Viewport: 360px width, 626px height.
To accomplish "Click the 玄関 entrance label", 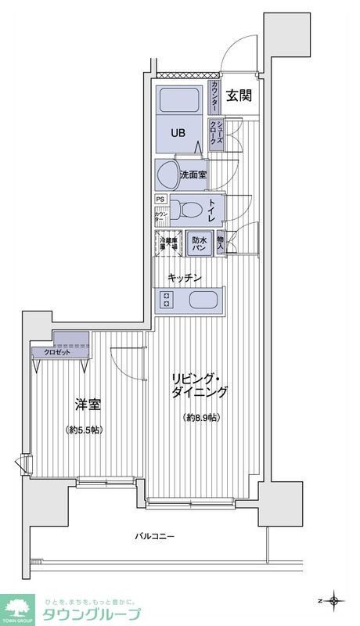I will tap(239, 96).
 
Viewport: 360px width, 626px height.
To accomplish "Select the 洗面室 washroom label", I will tap(192, 174).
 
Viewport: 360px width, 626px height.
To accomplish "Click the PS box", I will tap(160, 200).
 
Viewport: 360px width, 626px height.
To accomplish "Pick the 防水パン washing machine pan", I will tap(200, 243).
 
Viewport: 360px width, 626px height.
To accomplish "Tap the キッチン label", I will tap(186, 278).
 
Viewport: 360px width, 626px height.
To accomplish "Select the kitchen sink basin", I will tap(203, 300).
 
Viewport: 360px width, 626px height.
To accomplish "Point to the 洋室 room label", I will tap(87, 406).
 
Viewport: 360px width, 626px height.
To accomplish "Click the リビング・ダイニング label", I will tap(201, 386).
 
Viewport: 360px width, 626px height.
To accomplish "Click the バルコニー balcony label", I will tap(154, 536).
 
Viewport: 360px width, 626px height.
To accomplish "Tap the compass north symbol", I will tap(335, 601).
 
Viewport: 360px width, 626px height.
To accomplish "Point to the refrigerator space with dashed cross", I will tap(168, 243).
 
